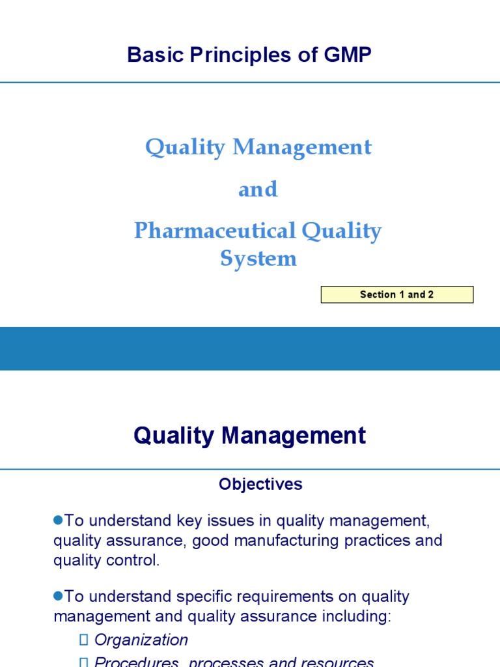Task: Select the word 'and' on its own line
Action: (x=258, y=189)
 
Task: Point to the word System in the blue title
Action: (x=258, y=258)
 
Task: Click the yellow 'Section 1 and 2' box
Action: (x=396, y=294)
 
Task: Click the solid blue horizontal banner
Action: (x=250, y=348)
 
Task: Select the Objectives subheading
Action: (x=260, y=484)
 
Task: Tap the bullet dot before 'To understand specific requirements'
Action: (x=58, y=595)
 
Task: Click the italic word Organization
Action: (x=141, y=640)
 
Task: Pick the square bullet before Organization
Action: (x=83, y=640)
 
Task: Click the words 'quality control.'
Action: (x=106, y=561)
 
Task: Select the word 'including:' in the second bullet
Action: (x=360, y=616)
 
